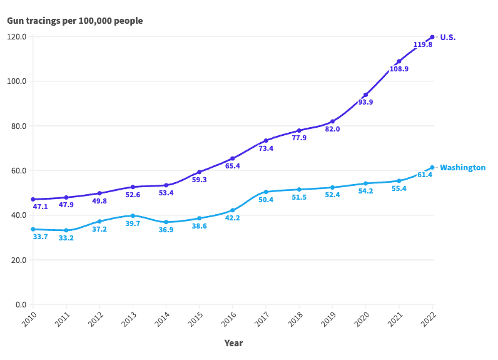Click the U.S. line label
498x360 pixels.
448,37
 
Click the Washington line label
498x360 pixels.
462,168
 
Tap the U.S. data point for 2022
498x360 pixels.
432,37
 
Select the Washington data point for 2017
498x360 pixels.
266,192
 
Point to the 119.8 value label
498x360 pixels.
423,45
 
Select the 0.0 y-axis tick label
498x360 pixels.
20,305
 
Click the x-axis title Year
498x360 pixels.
233,343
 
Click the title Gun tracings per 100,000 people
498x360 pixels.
74,21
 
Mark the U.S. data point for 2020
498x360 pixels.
365,95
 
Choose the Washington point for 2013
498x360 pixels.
133,215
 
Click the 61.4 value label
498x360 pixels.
425,175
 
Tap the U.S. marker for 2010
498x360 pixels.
33,199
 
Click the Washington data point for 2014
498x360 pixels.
166,222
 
